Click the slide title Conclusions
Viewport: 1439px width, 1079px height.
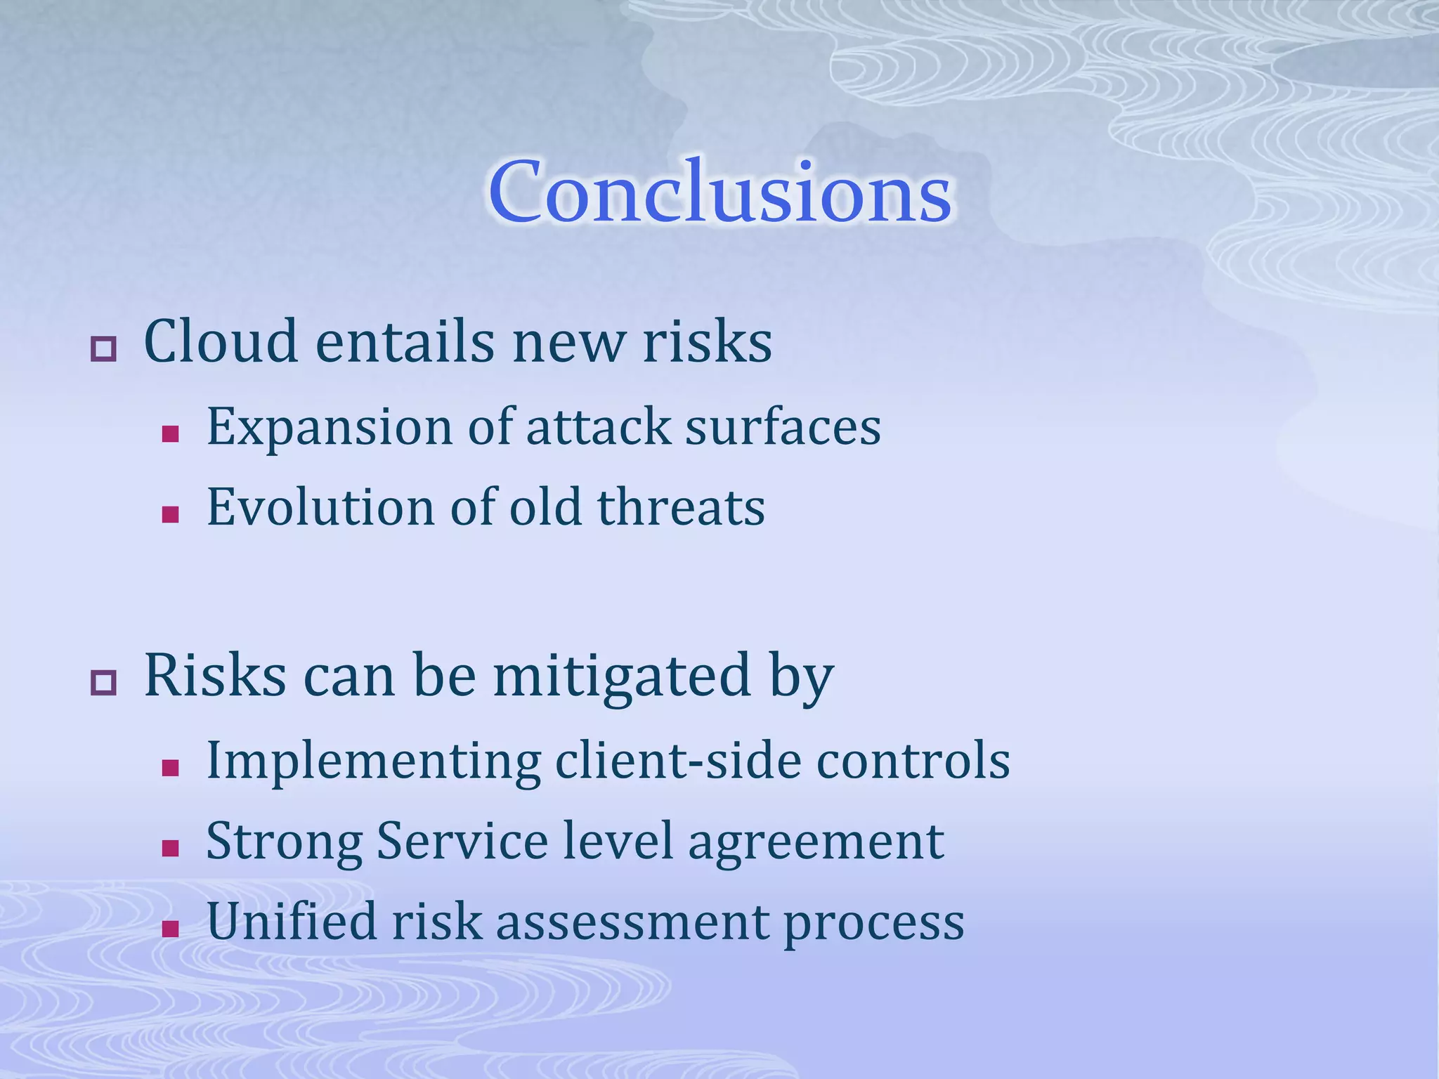coord(719,192)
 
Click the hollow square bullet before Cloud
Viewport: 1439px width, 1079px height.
coord(103,349)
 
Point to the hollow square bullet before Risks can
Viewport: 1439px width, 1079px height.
coord(103,682)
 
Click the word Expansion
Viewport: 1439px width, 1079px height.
coord(330,427)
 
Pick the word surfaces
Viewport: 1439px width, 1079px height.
coord(783,426)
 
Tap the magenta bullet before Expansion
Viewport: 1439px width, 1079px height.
coord(170,434)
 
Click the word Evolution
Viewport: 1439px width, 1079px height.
coord(320,507)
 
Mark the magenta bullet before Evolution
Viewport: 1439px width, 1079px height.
coord(170,515)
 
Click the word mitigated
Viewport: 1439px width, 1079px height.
coord(622,676)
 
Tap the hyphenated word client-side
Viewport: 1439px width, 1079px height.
coord(678,761)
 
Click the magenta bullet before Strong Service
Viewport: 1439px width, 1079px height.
coord(170,849)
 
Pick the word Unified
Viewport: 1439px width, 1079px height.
coord(291,921)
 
